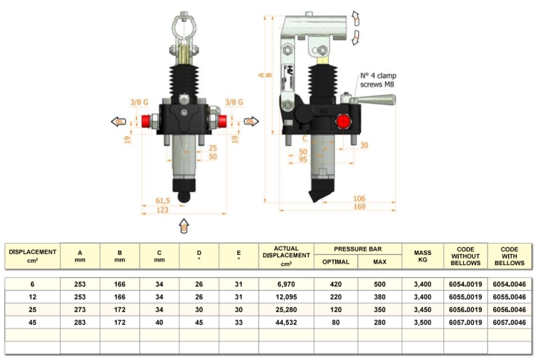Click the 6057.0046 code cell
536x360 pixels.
tap(509, 322)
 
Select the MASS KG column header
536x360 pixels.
tap(422, 256)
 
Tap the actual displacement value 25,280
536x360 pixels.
tap(286, 310)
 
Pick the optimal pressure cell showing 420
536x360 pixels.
tap(336, 284)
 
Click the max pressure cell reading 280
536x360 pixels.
tap(379, 322)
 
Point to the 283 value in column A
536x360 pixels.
tap(79, 322)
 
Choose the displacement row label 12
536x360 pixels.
tap(32, 297)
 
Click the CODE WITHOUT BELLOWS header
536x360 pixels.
tap(465, 256)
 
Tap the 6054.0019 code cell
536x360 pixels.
tap(465, 284)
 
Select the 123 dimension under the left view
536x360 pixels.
tap(162, 210)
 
